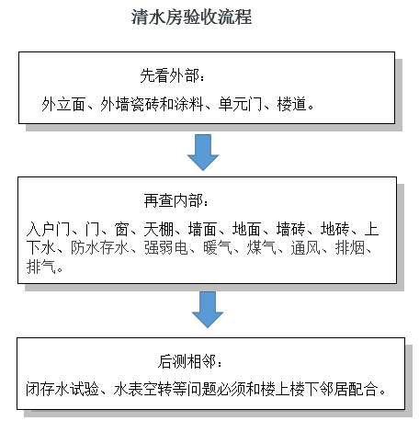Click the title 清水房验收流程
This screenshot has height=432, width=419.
coord(191,17)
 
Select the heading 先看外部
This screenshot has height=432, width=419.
coord(169,75)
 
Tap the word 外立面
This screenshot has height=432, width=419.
coord(63,104)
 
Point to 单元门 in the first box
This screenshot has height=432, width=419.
coord(240,104)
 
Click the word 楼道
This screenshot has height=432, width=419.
coord(291,104)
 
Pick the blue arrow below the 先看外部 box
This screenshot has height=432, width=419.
coord(203,153)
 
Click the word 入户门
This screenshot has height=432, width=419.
coord(48,229)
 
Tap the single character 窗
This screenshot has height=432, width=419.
coord(121,229)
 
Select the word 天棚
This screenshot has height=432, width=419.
coord(159,229)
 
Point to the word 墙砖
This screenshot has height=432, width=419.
coord(291,229)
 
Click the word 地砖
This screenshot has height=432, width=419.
coord(335,229)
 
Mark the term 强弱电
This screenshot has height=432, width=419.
coord(165,248)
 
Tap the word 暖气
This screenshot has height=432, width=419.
coord(218,248)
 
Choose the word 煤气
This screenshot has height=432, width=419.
coord(262,248)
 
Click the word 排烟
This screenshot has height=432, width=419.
coord(350,248)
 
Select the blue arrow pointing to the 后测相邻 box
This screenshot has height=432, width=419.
coord(208,310)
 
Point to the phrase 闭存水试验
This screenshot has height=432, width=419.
coord(62,390)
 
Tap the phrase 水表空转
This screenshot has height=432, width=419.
coord(142,390)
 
